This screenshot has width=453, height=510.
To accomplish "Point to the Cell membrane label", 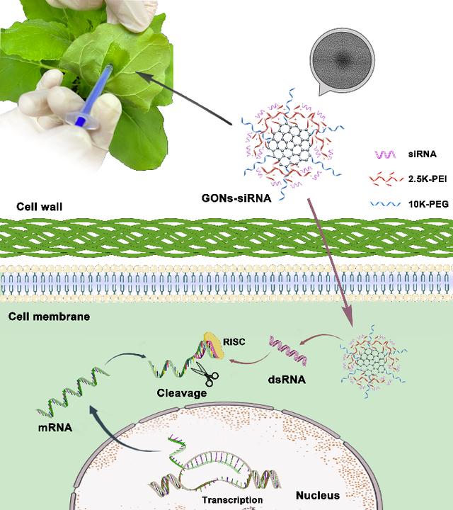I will (x=49, y=316).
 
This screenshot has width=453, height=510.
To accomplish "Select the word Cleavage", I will (x=182, y=393).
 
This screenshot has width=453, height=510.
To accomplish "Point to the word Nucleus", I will (x=317, y=495).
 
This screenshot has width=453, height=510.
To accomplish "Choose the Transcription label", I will (x=233, y=500).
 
